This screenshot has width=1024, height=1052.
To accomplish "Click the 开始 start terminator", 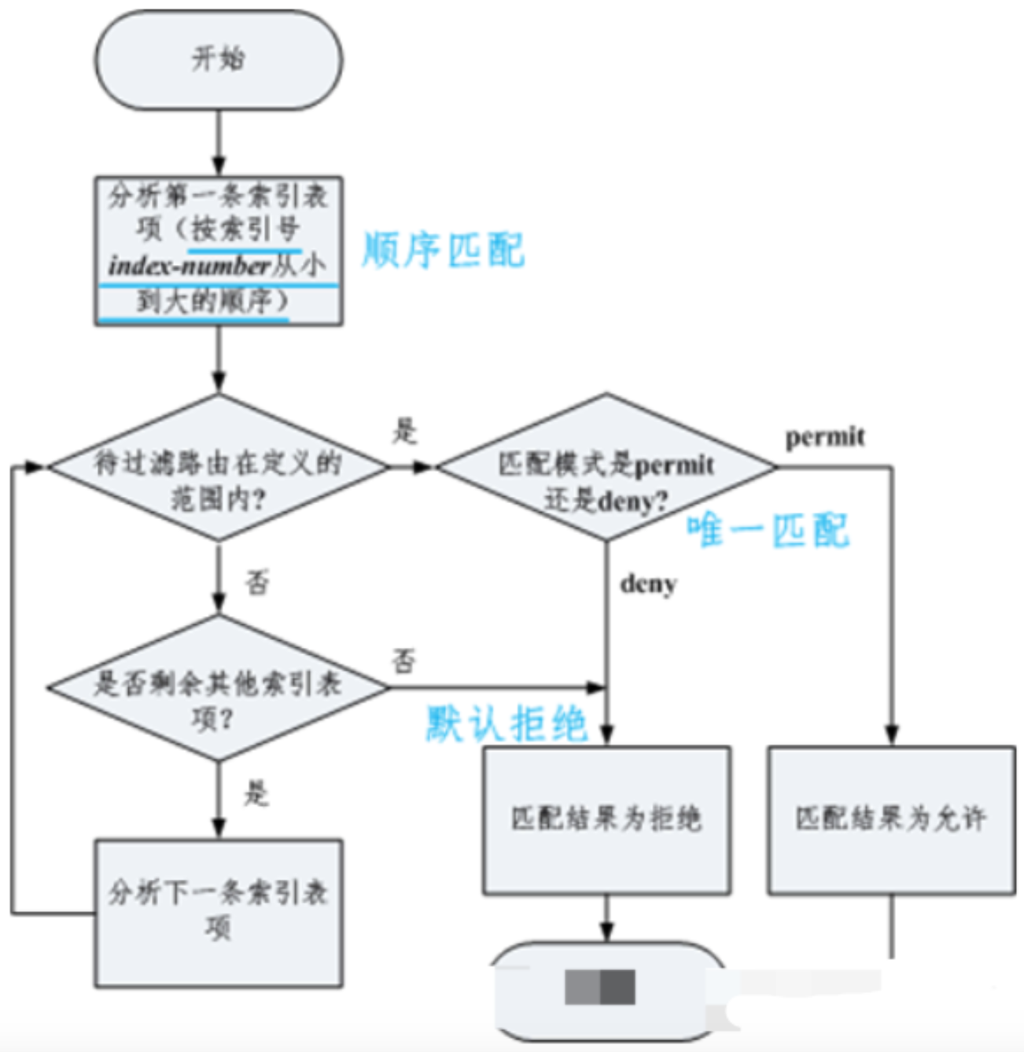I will [219, 60].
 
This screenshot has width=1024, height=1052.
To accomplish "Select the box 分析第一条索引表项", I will [219, 250].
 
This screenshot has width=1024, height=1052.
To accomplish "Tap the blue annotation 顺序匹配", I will [442, 251].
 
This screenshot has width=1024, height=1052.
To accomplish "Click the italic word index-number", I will [190, 266].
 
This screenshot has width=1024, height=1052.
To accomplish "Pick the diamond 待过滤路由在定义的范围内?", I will [219, 469].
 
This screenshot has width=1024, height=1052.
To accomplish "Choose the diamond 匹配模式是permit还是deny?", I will [606, 469].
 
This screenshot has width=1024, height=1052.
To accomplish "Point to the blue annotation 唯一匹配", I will [768, 530].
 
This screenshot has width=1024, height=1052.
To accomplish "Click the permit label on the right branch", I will [825, 437].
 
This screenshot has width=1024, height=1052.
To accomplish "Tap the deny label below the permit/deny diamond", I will [648, 584].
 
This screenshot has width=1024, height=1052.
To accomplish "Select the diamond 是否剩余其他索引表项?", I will [219, 689].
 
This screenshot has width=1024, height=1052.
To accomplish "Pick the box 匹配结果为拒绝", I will [606, 820].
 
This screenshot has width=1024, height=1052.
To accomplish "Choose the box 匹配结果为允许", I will [891, 820].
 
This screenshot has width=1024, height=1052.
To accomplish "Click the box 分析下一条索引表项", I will [219, 912].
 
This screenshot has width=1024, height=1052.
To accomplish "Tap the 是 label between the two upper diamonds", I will [405, 431].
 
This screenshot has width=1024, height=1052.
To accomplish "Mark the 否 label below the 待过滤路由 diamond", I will [257, 583].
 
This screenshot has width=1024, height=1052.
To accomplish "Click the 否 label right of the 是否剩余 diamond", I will [404, 660].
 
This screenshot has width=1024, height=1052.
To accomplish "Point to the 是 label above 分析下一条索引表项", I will [256, 793].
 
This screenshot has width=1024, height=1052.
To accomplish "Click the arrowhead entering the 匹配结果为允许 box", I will [891, 736].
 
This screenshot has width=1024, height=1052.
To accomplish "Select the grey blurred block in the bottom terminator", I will [600, 987].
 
